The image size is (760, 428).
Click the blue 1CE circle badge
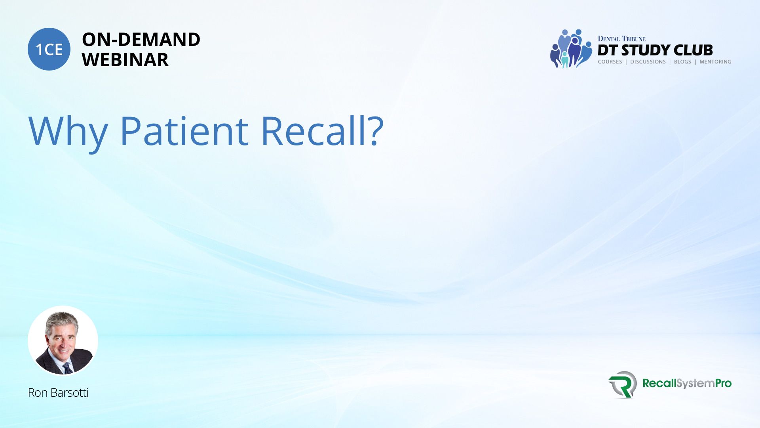pyautogui.click(x=49, y=49)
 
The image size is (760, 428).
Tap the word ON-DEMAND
pyautogui.click(x=141, y=40)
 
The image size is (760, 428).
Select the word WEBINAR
pyautogui.click(x=125, y=60)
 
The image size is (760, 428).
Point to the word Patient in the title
pyautogui.click(x=184, y=130)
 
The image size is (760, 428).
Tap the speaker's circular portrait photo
pyautogui.click(x=63, y=341)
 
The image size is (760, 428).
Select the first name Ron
pyautogui.click(x=38, y=393)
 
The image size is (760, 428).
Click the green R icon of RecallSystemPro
pyautogui.click(x=623, y=384)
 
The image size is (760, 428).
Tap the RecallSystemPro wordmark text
pyautogui.click(x=687, y=383)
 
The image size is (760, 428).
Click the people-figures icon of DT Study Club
pyautogui.click(x=571, y=49)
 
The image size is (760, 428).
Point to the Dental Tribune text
pyautogui.click(x=621, y=38)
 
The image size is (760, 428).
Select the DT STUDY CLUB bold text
pyautogui.click(x=655, y=50)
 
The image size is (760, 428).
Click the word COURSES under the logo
pyautogui.click(x=610, y=62)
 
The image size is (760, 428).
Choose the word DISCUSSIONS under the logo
pyautogui.click(x=648, y=62)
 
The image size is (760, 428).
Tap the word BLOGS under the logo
pyautogui.click(x=682, y=62)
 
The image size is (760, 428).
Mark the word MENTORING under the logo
pyautogui.click(x=715, y=62)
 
